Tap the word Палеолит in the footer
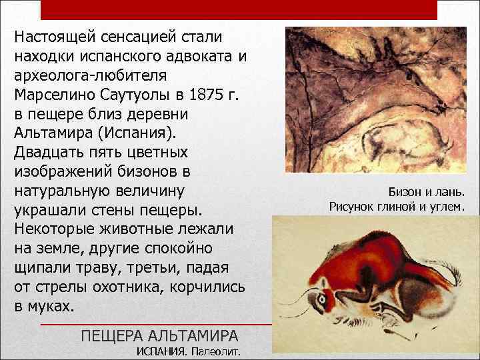click(216, 351)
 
